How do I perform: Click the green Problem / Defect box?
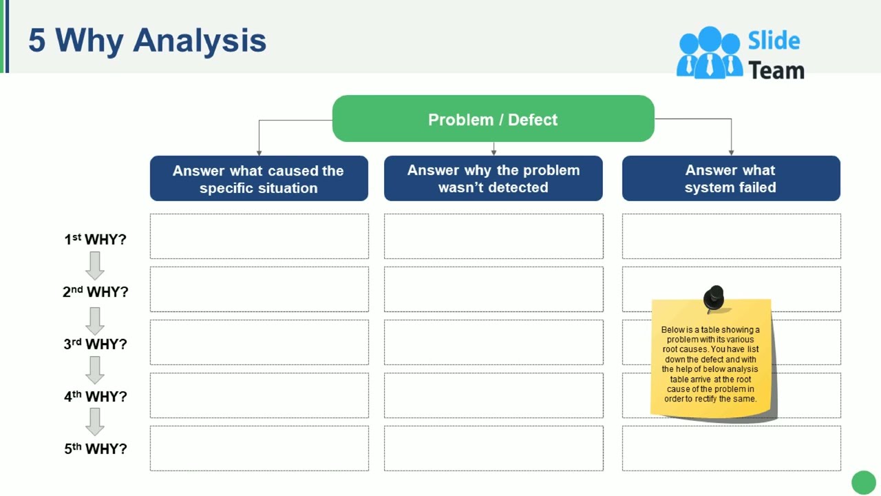493,119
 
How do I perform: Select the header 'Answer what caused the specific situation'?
259,179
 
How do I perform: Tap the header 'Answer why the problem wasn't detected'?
493,178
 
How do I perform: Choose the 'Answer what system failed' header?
730,178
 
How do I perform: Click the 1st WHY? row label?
95,239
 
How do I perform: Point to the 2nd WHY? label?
95,291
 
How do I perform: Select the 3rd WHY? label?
95,344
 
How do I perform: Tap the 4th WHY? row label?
95,396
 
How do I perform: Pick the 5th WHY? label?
95,448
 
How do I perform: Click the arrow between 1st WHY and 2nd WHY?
95,265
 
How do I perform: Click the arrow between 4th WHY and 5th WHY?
95,422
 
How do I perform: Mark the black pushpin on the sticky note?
713,298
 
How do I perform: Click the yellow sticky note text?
710,364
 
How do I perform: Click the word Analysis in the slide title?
200,40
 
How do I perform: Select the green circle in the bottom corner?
864,482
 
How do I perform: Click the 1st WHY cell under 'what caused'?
259,236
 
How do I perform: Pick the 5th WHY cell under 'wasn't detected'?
493,448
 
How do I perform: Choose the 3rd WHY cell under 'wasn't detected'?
493,342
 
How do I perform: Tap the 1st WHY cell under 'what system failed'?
730,236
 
